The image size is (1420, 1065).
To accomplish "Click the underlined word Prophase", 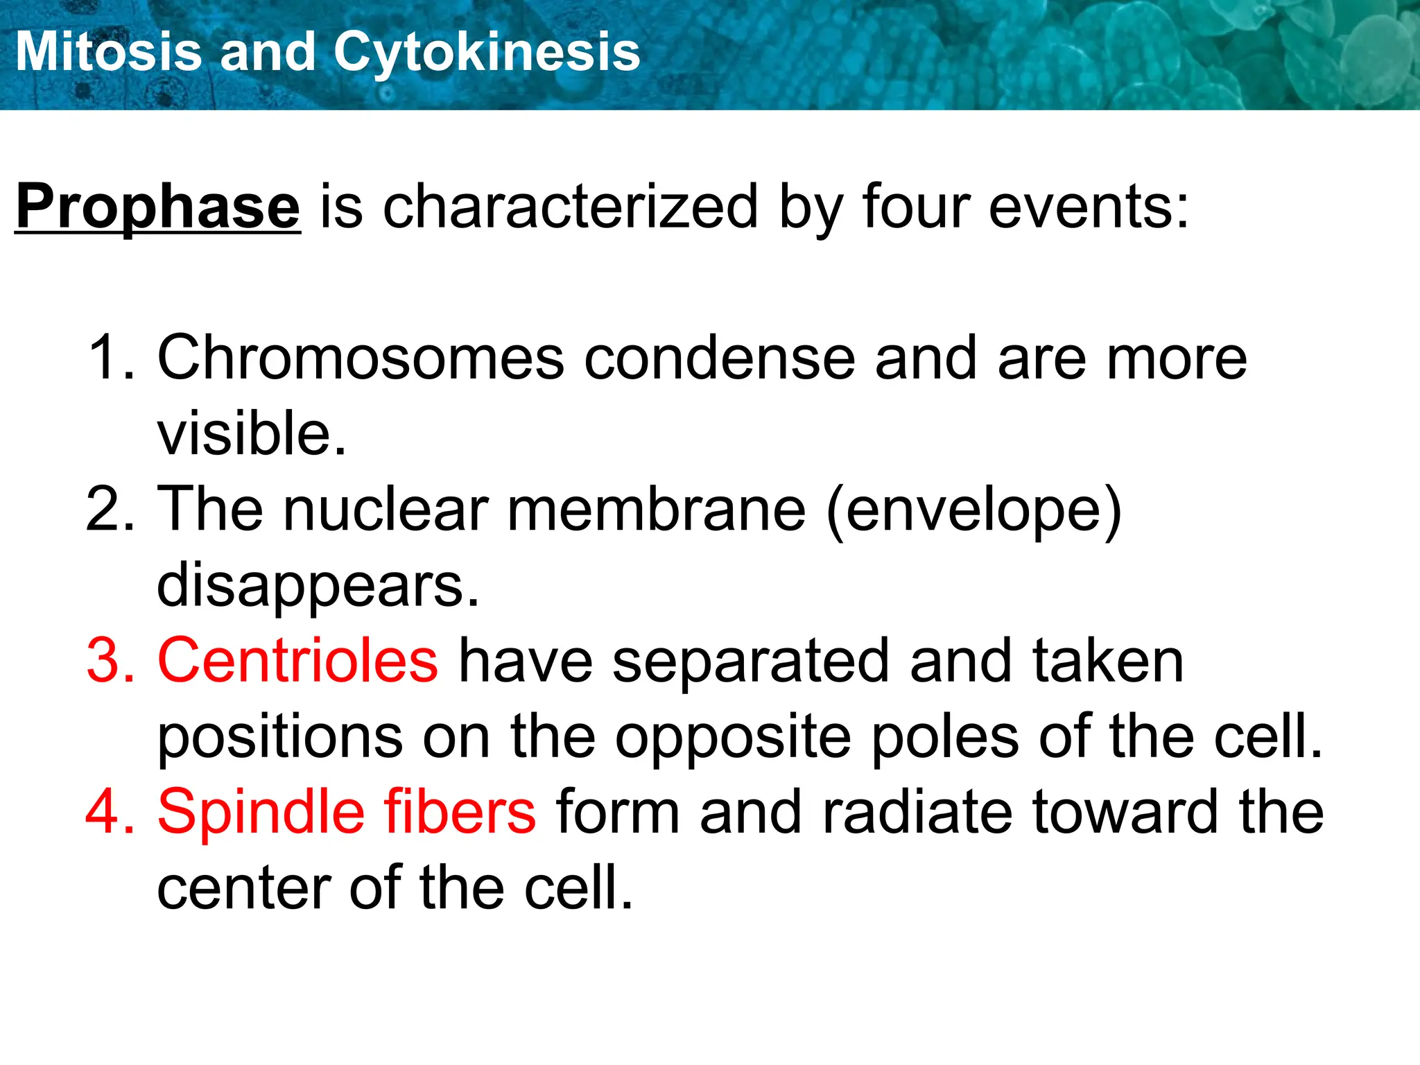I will coord(158,207).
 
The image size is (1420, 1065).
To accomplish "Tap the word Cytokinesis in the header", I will coord(487,52).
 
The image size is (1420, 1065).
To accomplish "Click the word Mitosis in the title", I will coord(108,52).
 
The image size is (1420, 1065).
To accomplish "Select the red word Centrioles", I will coord(298,661).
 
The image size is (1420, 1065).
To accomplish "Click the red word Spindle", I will coord(261,812).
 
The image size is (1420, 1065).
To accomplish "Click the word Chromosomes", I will coord(361,358).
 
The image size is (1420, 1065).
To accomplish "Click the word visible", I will coord(251,434).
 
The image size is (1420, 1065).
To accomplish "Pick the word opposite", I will coord(733,738).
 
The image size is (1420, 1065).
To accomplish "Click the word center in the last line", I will coord(243,889).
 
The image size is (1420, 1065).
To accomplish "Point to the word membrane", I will coord(656,510).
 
